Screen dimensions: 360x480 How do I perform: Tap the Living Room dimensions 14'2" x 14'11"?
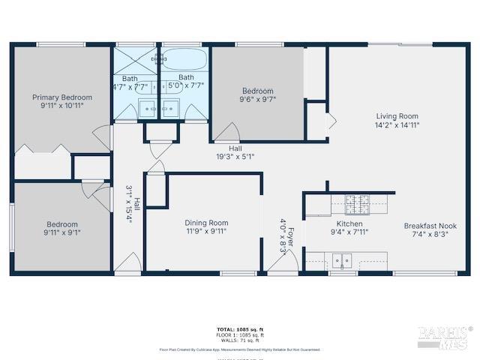pyautogui.click(x=397, y=126)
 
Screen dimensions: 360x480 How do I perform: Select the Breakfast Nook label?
pyautogui.click(x=430, y=226)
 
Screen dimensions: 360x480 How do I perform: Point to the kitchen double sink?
pyautogui.click(x=342, y=261)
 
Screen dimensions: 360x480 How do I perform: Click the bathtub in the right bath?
pyautogui.click(x=186, y=59)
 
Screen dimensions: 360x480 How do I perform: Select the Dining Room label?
pyautogui.click(x=206, y=223)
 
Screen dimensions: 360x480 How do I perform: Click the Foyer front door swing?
pyautogui.click(x=280, y=262)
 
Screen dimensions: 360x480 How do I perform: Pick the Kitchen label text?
pyautogui.click(x=349, y=223)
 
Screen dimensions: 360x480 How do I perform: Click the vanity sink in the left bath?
pyautogui.click(x=148, y=109)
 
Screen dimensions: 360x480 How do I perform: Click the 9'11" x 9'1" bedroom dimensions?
pyautogui.click(x=61, y=233)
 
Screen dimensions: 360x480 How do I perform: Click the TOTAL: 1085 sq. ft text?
pyautogui.click(x=240, y=328)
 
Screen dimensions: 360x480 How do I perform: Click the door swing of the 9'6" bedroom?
pyautogui.click(x=223, y=133)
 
